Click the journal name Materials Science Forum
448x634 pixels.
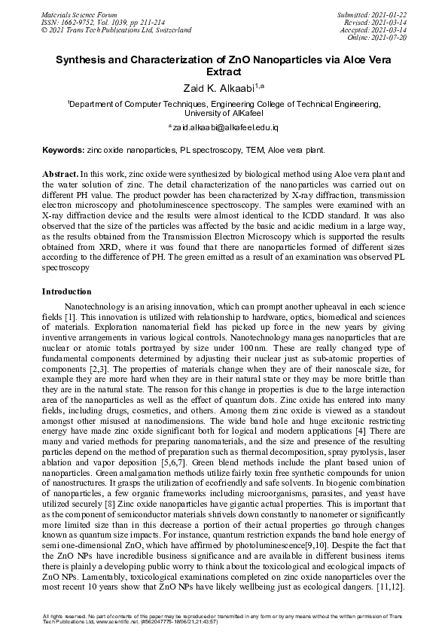78,15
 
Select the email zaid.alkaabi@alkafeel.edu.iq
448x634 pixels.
224,130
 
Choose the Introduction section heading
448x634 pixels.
67,291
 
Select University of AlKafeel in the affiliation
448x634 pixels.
224,113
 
